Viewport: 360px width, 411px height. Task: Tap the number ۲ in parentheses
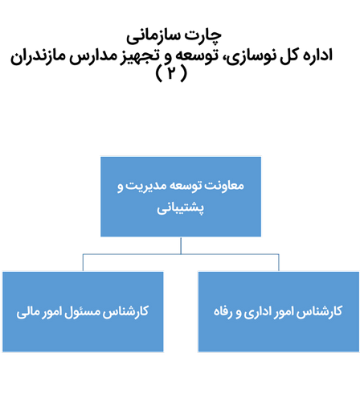(171, 73)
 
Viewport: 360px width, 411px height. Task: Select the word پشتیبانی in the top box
(180, 208)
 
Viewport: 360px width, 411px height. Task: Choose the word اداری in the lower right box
(256, 312)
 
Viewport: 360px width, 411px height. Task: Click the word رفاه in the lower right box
(223, 312)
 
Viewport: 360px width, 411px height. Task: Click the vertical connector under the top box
(181, 245)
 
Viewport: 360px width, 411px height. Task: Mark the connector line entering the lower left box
(83, 263)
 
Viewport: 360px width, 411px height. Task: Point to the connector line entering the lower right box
(279, 263)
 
